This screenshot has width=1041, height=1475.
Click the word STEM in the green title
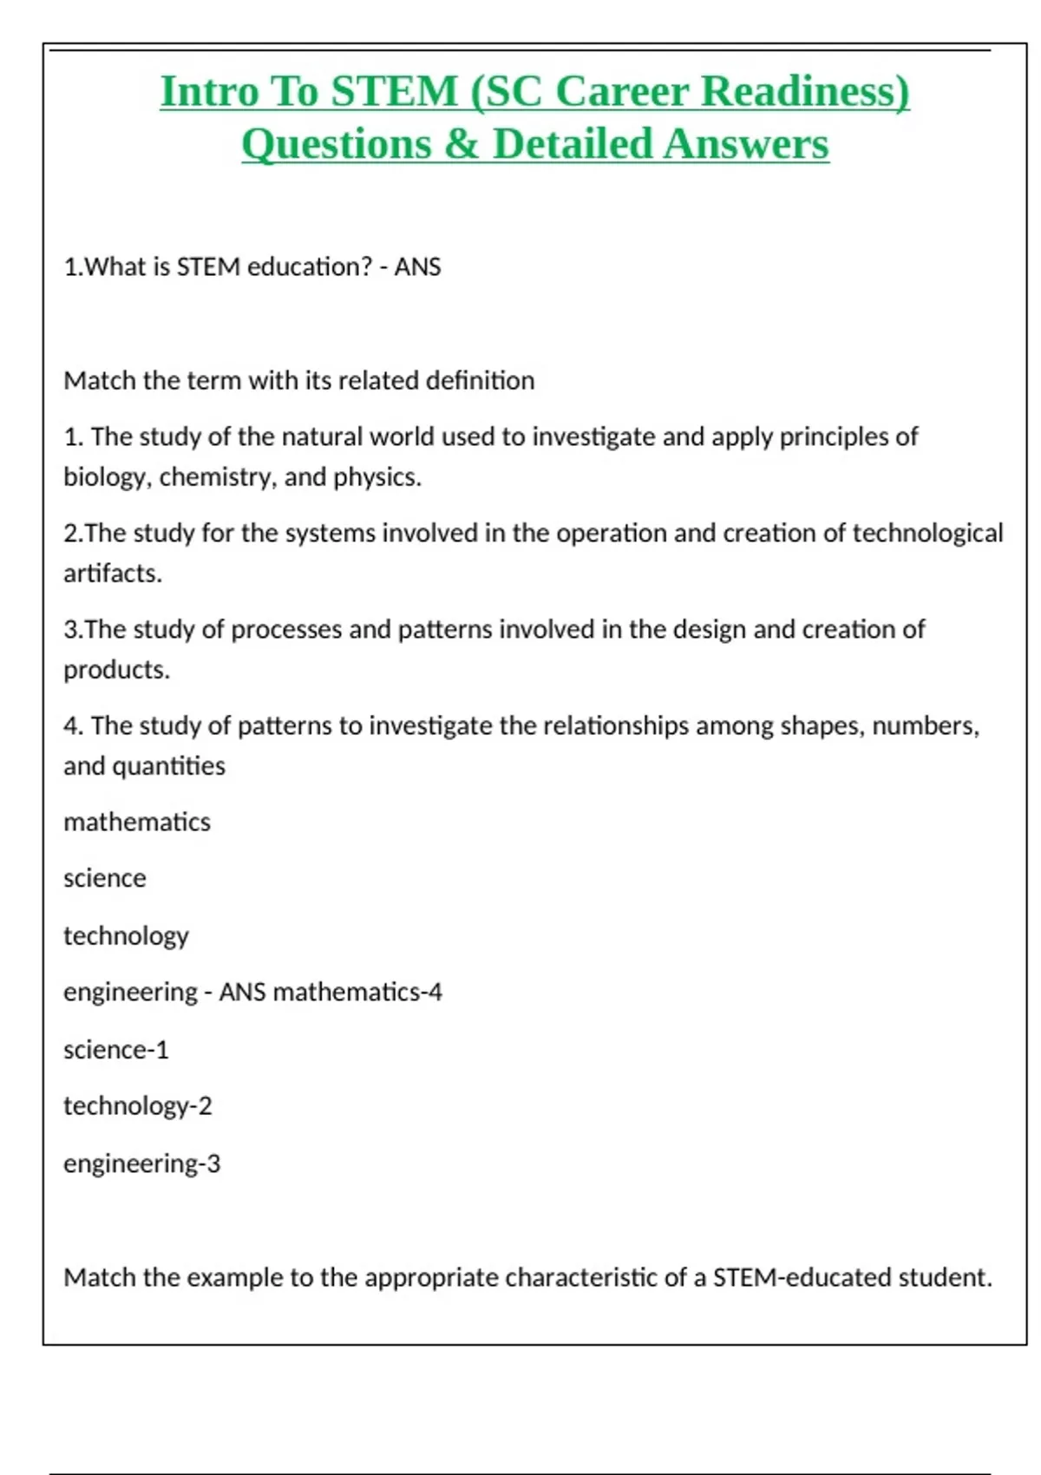click(394, 92)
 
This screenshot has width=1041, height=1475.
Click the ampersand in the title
click(461, 145)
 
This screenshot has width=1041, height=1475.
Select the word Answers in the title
click(747, 145)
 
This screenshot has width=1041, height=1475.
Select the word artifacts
click(113, 574)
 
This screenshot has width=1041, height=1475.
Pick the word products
click(116, 670)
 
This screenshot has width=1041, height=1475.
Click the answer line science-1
click(116, 1050)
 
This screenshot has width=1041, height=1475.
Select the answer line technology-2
click(138, 1106)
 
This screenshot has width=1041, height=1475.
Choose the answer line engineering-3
click(142, 1164)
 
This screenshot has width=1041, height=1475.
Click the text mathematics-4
click(357, 992)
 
